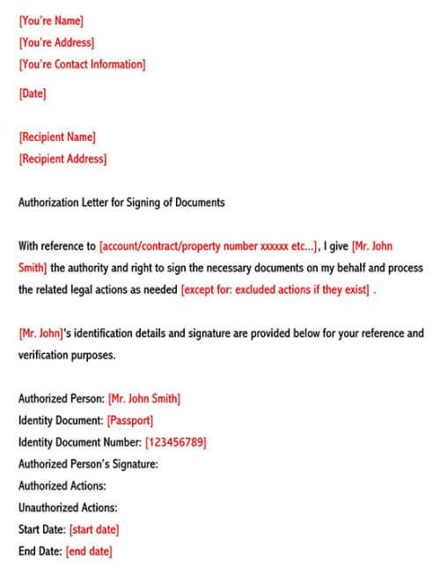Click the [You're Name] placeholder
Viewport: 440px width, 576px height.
pyautogui.click(x=52, y=20)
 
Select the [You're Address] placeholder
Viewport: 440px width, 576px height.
pyautogui.click(x=56, y=42)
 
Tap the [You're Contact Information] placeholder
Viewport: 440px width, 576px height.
pyautogui.click(x=82, y=64)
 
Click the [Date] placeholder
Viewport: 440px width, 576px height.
pyautogui.click(x=33, y=93)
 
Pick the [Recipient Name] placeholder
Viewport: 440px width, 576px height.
pyautogui.click(x=57, y=137)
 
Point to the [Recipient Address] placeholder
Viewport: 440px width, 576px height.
pyautogui.click(x=62, y=159)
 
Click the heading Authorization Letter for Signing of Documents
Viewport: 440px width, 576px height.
pyautogui.click(x=121, y=203)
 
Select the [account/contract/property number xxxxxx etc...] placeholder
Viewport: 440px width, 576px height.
pyautogui.click(x=209, y=246)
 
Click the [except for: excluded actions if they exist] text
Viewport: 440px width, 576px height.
pyautogui.click(x=275, y=290)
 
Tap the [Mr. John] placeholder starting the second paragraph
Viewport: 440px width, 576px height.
pyautogui.click(x=40, y=334)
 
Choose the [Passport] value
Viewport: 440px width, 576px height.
pyautogui.click(x=130, y=420)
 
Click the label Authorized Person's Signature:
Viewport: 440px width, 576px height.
pyautogui.click(x=88, y=464)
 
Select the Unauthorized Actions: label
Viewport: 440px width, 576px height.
pyautogui.click(x=68, y=507)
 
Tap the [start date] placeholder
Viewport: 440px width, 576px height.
pyautogui.click(x=93, y=529)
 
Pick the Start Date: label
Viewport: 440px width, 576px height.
pyautogui.click(x=41, y=529)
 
